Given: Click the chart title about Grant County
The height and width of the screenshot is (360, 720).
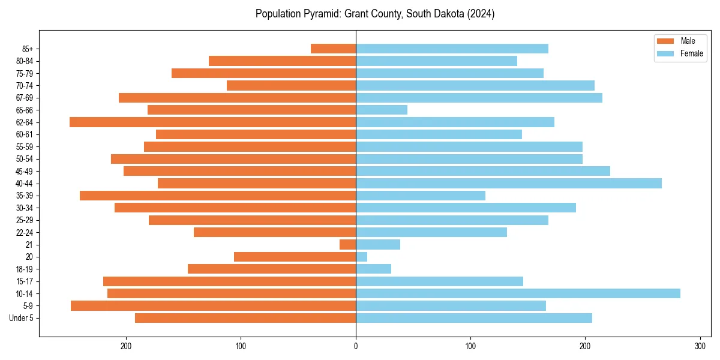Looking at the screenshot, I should (375, 14).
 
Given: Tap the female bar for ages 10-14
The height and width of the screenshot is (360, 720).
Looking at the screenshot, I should (518, 293).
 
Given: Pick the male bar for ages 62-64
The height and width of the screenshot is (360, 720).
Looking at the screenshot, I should (213, 122).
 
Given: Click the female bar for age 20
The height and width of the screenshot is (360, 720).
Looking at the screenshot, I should (362, 257).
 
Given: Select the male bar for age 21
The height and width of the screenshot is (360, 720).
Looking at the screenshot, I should (348, 244).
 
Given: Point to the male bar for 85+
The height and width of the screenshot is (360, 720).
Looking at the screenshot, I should (334, 49).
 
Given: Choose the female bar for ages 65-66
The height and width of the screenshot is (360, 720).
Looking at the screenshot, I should (382, 110).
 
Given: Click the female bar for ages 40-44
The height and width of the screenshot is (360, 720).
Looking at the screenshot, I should (509, 183).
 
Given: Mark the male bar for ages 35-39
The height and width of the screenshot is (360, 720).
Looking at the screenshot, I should (218, 196).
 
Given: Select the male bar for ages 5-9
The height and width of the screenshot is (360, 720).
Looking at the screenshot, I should (214, 305).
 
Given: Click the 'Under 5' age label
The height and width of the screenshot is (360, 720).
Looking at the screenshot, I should (21, 318).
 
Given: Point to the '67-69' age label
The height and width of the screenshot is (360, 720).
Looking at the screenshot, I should (24, 98).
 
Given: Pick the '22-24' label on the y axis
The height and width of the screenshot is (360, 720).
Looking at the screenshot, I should (24, 232).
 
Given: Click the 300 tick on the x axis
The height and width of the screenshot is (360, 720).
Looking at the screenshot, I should (700, 346).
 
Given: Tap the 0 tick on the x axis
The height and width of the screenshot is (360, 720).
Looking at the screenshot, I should (356, 346).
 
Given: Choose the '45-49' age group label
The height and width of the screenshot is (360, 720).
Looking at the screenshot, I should (24, 171).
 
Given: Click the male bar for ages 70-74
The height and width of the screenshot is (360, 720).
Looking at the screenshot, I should (292, 85).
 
